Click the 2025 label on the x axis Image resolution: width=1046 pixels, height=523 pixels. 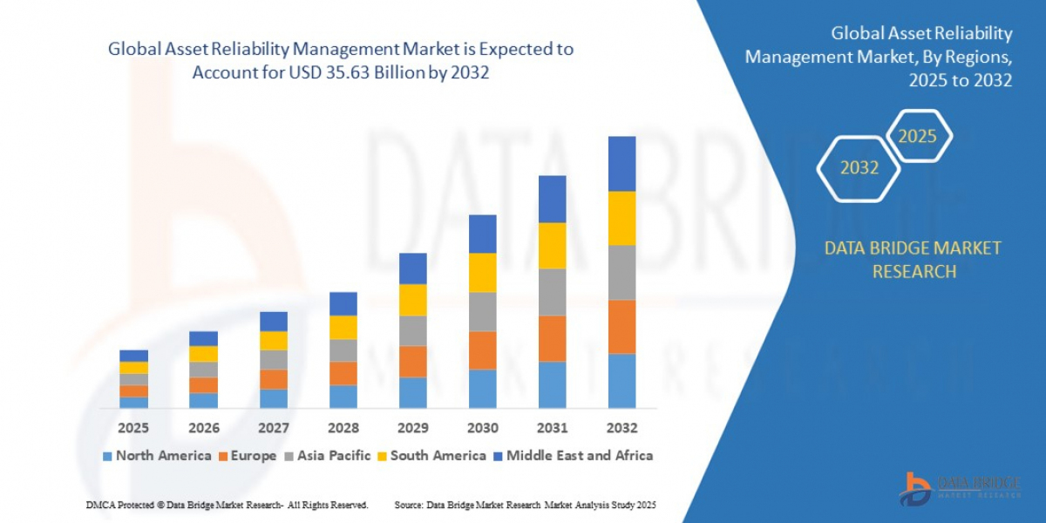(x=133, y=428)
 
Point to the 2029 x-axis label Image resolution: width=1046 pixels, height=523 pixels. (x=412, y=428)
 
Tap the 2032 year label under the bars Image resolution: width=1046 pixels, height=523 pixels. (x=621, y=428)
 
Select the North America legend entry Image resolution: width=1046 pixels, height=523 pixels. (x=157, y=455)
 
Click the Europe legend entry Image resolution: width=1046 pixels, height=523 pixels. (x=248, y=455)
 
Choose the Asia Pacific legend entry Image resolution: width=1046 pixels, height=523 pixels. (x=327, y=455)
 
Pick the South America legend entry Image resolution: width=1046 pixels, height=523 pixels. (x=431, y=455)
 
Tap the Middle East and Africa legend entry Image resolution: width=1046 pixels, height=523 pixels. (x=572, y=455)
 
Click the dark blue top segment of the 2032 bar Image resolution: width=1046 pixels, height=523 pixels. (x=621, y=164)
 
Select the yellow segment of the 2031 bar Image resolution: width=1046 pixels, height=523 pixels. (x=552, y=245)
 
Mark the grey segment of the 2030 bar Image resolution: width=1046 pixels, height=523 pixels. (x=482, y=311)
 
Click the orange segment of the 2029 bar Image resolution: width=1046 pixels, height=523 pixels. (x=412, y=361)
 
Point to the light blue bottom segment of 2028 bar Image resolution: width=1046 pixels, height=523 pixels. (x=343, y=397)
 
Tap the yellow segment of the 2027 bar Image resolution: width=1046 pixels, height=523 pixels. (x=273, y=341)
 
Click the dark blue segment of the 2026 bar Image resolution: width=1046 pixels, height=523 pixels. (x=203, y=338)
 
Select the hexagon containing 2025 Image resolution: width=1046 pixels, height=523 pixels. (x=918, y=136)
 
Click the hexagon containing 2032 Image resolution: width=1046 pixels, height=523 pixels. (x=859, y=167)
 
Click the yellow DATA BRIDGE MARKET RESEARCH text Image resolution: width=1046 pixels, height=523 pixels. (x=913, y=260)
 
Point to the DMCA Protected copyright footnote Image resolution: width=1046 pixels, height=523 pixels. (x=227, y=505)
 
